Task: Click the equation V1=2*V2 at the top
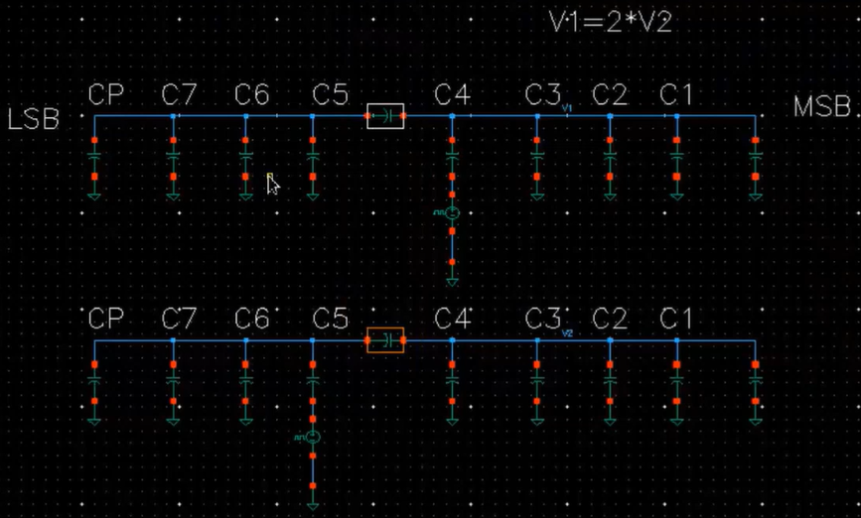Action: tap(610, 23)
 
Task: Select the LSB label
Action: tap(33, 120)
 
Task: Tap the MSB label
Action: tap(822, 108)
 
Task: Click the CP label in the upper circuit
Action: tap(105, 95)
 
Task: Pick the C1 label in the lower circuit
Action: tap(676, 320)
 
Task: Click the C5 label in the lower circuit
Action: tap(331, 320)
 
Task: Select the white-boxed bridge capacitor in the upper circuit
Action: tap(385, 117)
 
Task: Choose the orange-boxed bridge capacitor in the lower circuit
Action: tap(385, 341)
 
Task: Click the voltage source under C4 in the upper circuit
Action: tap(451, 212)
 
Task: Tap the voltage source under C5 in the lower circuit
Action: tap(313, 437)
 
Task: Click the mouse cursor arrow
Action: tap(272, 184)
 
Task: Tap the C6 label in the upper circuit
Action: tap(252, 95)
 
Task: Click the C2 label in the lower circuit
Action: tap(610, 320)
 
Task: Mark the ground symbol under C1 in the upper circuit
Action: tap(676, 195)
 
